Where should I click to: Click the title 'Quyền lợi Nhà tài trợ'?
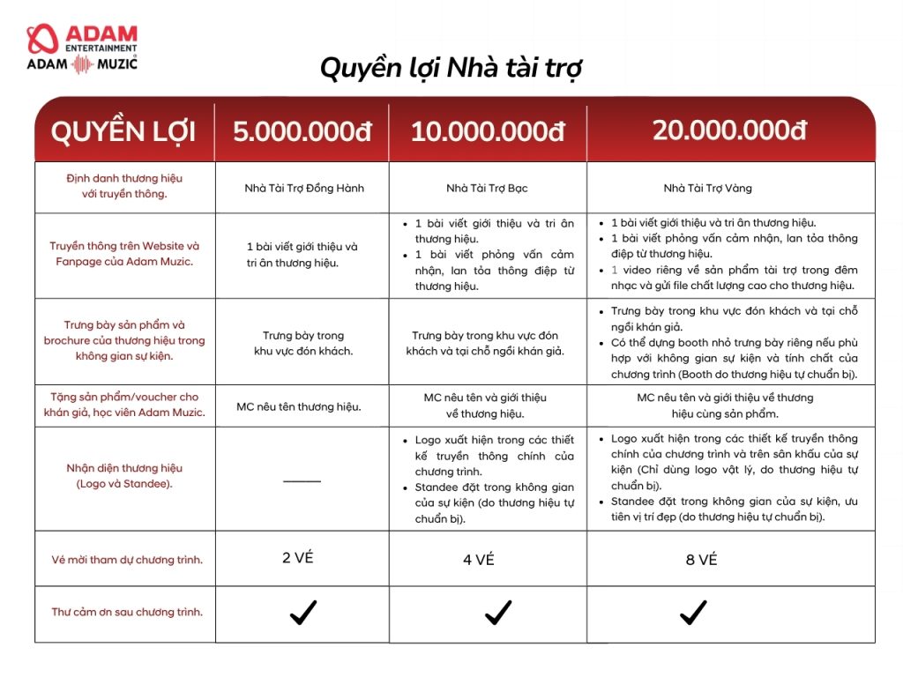pyautogui.click(x=451, y=68)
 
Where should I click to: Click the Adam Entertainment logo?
pyautogui.click(x=82, y=38)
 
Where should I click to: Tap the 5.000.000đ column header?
pyautogui.click(x=302, y=132)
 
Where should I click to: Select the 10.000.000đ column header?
pyautogui.click(x=488, y=132)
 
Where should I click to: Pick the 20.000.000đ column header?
pyautogui.click(x=730, y=130)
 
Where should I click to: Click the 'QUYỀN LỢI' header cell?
pyautogui.click(x=123, y=132)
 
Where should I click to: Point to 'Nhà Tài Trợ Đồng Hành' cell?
pyautogui.click(x=304, y=188)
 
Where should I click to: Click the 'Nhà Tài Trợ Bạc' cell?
pyautogui.click(x=487, y=188)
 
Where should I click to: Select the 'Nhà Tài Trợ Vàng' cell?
pyautogui.click(x=708, y=188)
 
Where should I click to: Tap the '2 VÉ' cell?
pyautogui.click(x=298, y=557)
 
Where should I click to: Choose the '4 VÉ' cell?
pyautogui.click(x=479, y=560)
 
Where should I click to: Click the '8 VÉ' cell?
pyautogui.click(x=702, y=560)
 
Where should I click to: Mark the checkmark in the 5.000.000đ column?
pyautogui.click(x=303, y=612)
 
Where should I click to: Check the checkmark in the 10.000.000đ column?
pyautogui.click(x=498, y=612)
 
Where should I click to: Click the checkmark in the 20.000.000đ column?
pyautogui.click(x=693, y=612)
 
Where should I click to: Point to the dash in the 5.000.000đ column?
pyautogui.click(x=302, y=481)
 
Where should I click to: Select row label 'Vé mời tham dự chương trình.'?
pyautogui.click(x=127, y=560)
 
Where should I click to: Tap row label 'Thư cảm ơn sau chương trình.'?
pyautogui.click(x=127, y=612)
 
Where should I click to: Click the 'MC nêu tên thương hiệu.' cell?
pyautogui.click(x=299, y=407)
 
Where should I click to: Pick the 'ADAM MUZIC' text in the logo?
pyautogui.click(x=82, y=63)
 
